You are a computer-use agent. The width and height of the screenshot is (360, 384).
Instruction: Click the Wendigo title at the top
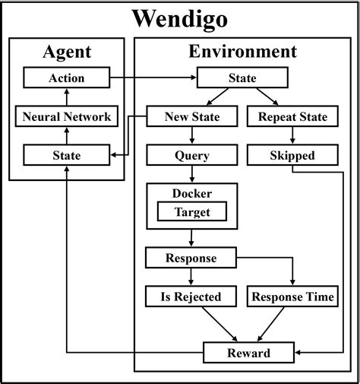coord(180,17)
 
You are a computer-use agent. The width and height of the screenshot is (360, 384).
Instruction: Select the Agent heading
coord(66,52)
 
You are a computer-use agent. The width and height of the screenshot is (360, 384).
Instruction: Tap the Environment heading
coord(242,52)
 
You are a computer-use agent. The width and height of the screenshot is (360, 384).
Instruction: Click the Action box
coord(66,78)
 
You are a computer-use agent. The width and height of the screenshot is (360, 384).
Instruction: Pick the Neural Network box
coord(66,116)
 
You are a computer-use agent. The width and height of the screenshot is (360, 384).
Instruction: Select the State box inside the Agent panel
coord(66,156)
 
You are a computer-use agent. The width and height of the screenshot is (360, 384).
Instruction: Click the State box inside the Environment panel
coord(242,78)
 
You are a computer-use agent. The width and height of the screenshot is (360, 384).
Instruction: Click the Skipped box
coord(292,156)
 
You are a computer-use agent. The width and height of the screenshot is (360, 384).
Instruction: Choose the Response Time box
coord(292,297)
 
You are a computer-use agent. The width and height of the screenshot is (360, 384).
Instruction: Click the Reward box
coord(248,352)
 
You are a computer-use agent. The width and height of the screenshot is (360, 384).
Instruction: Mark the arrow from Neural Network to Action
coord(66,97)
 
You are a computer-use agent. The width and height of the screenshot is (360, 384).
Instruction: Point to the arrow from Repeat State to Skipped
coord(292,136)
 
